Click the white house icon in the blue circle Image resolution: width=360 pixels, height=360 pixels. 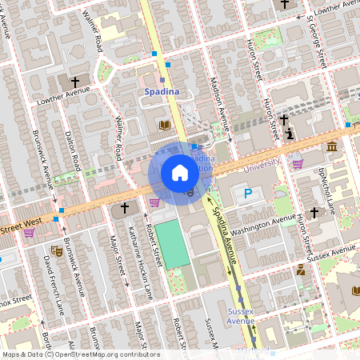(x=180, y=172)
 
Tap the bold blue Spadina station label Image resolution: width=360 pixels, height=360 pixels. (x=161, y=93)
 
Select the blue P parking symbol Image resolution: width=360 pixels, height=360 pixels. (x=247, y=194)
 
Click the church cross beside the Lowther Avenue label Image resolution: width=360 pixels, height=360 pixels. (x=76, y=82)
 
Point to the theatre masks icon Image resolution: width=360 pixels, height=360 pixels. (x=56, y=250)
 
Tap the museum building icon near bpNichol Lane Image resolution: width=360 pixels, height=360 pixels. (x=332, y=146)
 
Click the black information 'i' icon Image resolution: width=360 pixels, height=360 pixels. (x=290, y=133)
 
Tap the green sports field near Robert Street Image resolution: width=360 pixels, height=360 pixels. (x=172, y=244)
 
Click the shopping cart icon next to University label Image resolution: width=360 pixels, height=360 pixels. (x=298, y=163)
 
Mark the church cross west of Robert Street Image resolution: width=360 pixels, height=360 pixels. (x=124, y=210)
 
